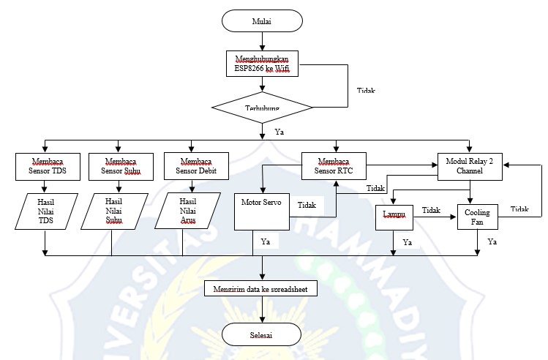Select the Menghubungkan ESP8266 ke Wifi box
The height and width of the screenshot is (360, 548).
(x=262, y=64)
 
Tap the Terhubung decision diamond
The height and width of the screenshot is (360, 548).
(x=262, y=108)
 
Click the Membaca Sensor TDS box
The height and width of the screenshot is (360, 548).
(x=45, y=167)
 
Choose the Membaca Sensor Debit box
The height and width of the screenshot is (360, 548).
(x=191, y=167)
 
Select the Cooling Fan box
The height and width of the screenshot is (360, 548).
(x=478, y=216)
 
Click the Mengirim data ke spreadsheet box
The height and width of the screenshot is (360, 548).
(x=262, y=290)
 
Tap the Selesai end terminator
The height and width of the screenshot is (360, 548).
(x=262, y=334)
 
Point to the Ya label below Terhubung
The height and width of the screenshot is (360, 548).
(x=279, y=132)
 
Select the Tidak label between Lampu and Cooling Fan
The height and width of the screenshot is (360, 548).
(x=432, y=210)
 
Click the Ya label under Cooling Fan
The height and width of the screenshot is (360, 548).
(x=492, y=241)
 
